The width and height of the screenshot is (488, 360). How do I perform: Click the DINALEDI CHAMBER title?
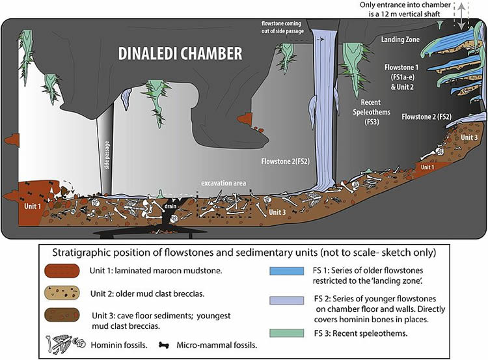[180, 53]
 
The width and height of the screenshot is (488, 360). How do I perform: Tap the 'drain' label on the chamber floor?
[170, 206]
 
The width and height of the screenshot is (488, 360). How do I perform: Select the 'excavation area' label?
[223, 183]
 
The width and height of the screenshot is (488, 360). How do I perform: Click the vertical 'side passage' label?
[107, 155]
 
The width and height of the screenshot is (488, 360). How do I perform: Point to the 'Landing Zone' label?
[400, 40]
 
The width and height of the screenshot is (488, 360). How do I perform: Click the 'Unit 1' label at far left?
[33, 206]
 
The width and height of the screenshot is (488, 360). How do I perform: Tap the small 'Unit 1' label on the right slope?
[427, 167]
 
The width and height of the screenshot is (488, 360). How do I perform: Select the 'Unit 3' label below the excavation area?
[277, 212]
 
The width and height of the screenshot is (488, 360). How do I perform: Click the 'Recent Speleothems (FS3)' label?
[372, 112]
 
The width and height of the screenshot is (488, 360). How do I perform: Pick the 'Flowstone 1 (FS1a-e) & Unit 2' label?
[401, 77]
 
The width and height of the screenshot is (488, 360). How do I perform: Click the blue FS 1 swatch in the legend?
[287, 271]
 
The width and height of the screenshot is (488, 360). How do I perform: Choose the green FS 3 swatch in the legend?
[287, 333]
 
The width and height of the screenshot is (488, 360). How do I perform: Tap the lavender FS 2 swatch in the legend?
[287, 300]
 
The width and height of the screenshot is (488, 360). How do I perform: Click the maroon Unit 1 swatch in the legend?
[62, 271]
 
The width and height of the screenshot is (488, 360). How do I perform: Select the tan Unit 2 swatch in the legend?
[62, 293]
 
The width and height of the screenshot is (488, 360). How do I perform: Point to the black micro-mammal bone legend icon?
[164, 345]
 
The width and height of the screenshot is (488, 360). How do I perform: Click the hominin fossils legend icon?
[65, 344]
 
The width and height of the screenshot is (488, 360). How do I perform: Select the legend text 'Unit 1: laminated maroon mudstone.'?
[156, 271]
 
